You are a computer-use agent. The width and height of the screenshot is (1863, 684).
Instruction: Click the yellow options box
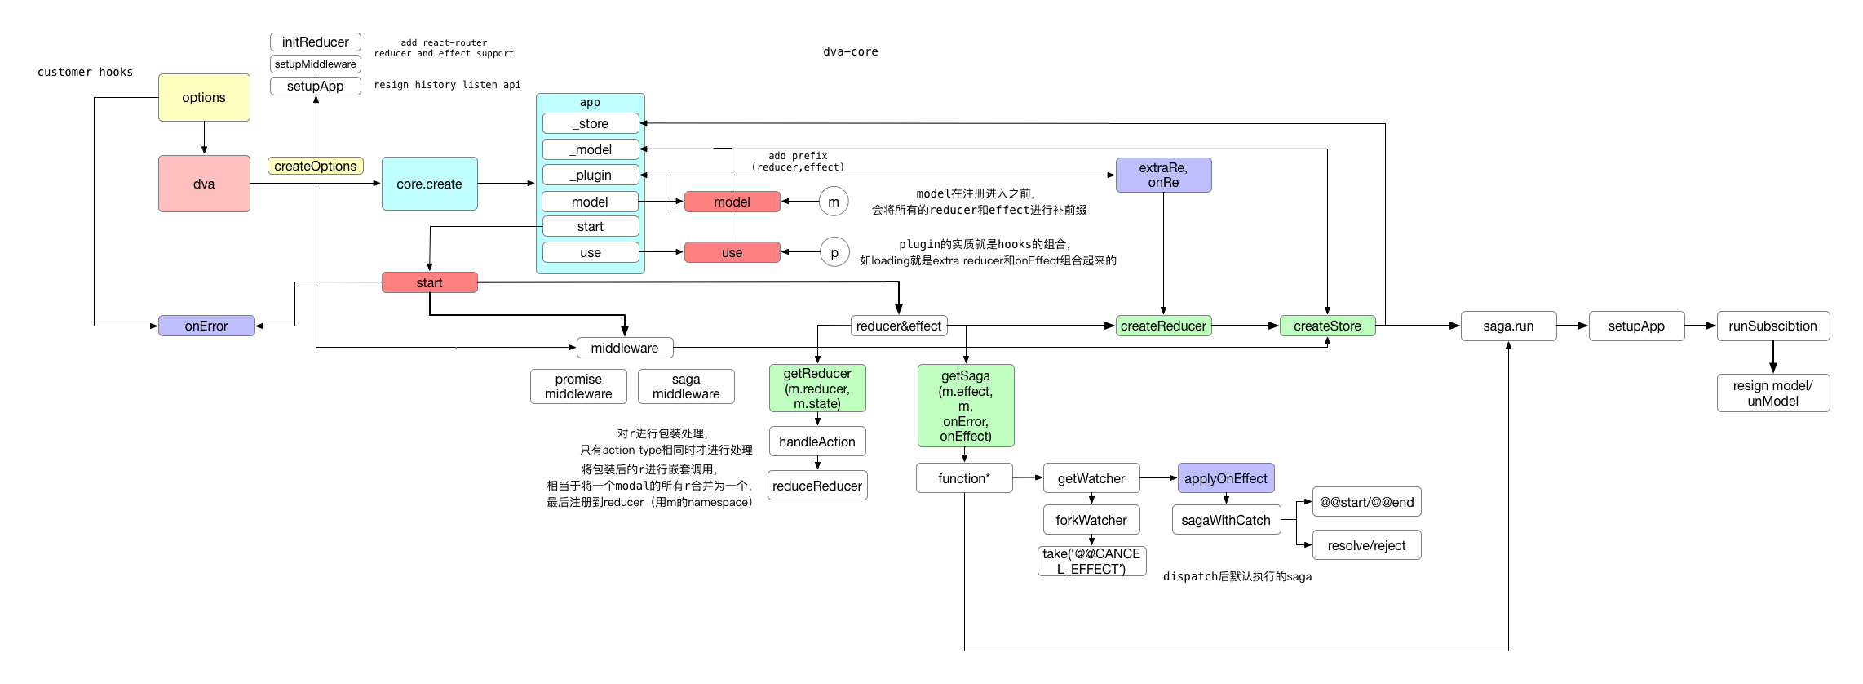204,97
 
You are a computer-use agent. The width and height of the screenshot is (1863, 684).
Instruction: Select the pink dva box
204,184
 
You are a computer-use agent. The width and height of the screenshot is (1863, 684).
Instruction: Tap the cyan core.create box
429,184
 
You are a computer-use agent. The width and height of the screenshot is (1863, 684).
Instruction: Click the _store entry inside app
591,123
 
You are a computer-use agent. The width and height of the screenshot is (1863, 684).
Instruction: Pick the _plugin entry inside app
591,175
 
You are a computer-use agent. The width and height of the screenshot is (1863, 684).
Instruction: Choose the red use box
732,252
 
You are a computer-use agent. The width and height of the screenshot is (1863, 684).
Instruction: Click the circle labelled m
834,202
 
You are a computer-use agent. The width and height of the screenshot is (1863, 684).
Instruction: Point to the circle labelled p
834,252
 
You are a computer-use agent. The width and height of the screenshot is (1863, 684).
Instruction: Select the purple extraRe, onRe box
1163,175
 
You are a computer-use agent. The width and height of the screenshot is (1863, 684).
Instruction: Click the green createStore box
1327,326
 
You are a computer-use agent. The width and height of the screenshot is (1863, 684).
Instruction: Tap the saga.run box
1508,326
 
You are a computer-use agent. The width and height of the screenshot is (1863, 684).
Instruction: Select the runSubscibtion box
1772,326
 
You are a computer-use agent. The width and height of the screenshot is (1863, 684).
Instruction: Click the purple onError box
206,326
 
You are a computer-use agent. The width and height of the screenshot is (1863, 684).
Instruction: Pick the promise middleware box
578,386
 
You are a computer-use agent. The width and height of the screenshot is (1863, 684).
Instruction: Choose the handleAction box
817,442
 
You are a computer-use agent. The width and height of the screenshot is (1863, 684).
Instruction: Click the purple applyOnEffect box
1225,478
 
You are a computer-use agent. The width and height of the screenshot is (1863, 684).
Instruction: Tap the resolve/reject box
1366,545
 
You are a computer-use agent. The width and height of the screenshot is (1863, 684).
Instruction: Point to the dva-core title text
850,51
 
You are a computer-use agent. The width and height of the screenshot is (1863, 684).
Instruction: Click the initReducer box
316,42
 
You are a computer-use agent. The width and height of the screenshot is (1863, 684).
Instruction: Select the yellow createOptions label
316,166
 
